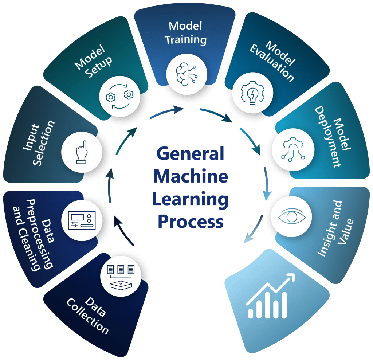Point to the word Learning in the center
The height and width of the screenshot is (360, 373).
pos(190,200)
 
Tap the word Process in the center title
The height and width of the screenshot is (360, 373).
pos(190,222)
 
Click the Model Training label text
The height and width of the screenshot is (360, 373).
pos(185,33)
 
